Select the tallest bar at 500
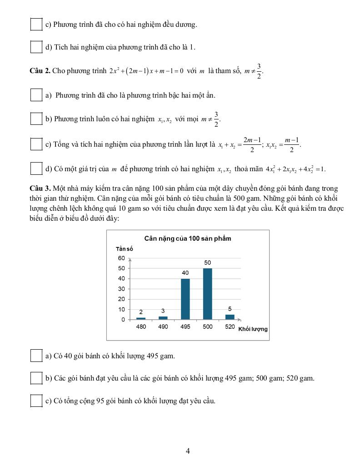click(207, 294)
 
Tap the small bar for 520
click(230, 317)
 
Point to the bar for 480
click(141, 318)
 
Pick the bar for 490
click(163, 318)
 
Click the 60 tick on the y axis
click(121, 258)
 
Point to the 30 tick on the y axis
click(121, 289)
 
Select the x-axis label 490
click(163, 327)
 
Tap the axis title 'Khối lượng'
click(253, 329)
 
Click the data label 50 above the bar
click(207, 263)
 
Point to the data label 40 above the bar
click(185, 273)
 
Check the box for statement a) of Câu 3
click(36, 356)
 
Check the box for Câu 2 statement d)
click(36, 169)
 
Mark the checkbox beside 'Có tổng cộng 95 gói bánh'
click(36, 401)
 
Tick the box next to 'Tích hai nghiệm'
click(36, 47)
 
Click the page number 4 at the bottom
click(188, 451)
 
